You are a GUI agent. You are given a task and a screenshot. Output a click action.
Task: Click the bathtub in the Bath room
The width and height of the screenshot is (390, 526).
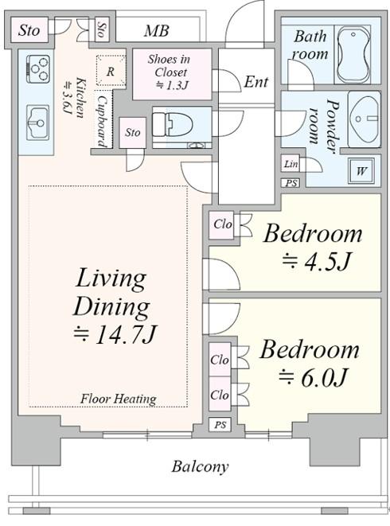pos(353,55)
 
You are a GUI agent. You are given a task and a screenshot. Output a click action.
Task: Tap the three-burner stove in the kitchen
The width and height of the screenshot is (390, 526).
pos(38,69)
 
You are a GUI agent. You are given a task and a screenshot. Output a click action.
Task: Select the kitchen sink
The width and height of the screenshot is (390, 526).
pos(37,123)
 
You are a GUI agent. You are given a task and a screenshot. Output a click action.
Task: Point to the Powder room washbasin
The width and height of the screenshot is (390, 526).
pos(365,119)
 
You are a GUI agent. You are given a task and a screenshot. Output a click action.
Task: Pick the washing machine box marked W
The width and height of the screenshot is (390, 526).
pos(361,171)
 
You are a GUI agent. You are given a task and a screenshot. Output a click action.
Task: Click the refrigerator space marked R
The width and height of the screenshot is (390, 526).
pos(111,71)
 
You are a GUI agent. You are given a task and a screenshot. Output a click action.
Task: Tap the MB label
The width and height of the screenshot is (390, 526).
pos(156,31)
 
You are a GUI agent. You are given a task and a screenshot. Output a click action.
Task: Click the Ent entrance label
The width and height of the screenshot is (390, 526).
pos(256,82)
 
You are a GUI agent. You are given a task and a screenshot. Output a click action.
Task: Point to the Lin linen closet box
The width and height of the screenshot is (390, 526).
pos(290,164)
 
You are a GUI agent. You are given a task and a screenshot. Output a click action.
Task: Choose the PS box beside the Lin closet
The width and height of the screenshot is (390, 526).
pos(291,183)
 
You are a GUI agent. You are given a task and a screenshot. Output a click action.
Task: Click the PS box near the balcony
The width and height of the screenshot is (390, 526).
pos(220,425)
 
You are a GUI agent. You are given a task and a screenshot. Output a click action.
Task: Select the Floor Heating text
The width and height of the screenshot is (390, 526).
pos(118,399)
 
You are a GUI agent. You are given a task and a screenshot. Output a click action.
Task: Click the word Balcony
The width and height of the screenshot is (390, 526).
pos(200,466)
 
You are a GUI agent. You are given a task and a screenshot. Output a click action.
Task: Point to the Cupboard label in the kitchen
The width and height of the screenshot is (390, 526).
pos(102,122)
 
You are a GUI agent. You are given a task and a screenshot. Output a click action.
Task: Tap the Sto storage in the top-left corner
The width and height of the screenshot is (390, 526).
pos(29,30)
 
